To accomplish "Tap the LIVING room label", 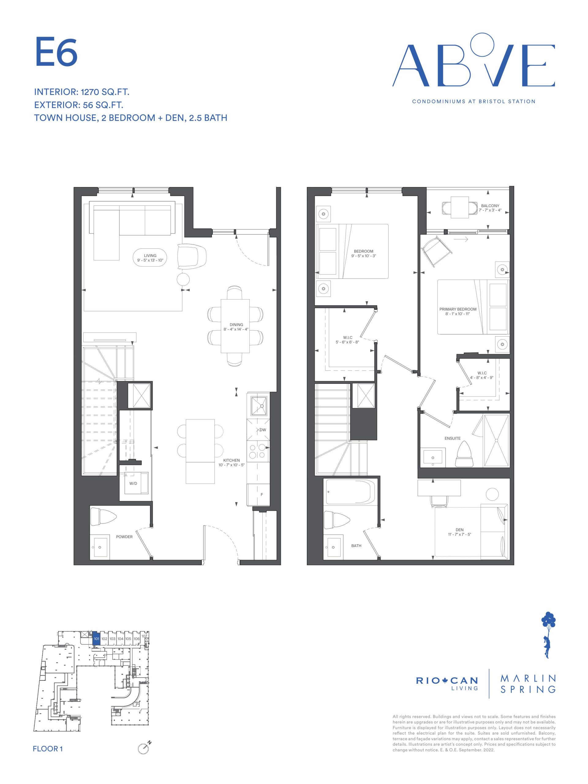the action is click(x=150, y=255).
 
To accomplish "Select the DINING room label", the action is click(x=236, y=325).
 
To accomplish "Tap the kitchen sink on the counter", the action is click(x=259, y=406).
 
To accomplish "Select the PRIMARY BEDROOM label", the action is click(x=458, y=309).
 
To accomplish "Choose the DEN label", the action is click(x=459, y=530).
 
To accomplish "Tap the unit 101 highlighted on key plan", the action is click(x=96, y=639).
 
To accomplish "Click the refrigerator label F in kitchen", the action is click(x=262, y=494).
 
